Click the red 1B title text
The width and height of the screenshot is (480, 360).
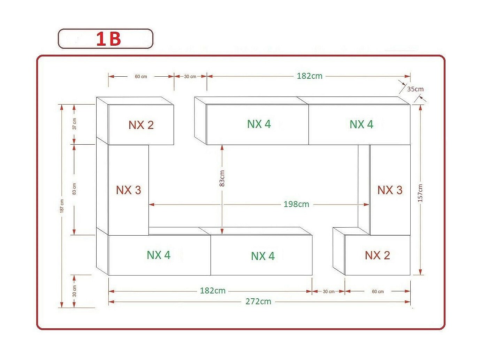click(x=108, y=39)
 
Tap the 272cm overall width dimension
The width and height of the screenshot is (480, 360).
click(x=258, y=301)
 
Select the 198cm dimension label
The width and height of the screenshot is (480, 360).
click(x=296, y=204)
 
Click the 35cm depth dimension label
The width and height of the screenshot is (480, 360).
click(x=415, y=89)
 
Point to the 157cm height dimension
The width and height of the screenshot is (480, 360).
click(x=420, y=193)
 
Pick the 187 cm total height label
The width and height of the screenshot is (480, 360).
click(x=62, y=206)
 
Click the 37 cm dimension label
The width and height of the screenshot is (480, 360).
click(x=75, y=124)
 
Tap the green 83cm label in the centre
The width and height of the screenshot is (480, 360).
click(x=222, y=178)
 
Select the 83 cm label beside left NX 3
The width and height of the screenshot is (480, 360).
click(x=74, y=189)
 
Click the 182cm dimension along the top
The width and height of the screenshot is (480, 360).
click(x=310, y=76)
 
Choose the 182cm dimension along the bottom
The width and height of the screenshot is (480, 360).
click(x=213, y=291)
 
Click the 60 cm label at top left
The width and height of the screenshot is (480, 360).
click(x=141, y=77)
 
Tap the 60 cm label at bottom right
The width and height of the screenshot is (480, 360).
click(x=378, y=291)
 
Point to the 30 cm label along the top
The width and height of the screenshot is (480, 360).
click(x=190, y=77)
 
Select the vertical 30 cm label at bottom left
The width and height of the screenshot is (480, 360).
click(x=74, y=291)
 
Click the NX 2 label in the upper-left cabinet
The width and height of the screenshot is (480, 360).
click(x=141, y=125)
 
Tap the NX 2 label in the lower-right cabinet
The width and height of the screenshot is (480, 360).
click(x=378, y=255)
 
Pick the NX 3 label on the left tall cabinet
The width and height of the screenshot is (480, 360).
click(x=129, y=190)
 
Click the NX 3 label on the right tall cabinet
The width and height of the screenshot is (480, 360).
click(x=390, y=190)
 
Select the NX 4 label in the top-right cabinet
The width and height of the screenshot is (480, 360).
click(x=361, y=124)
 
